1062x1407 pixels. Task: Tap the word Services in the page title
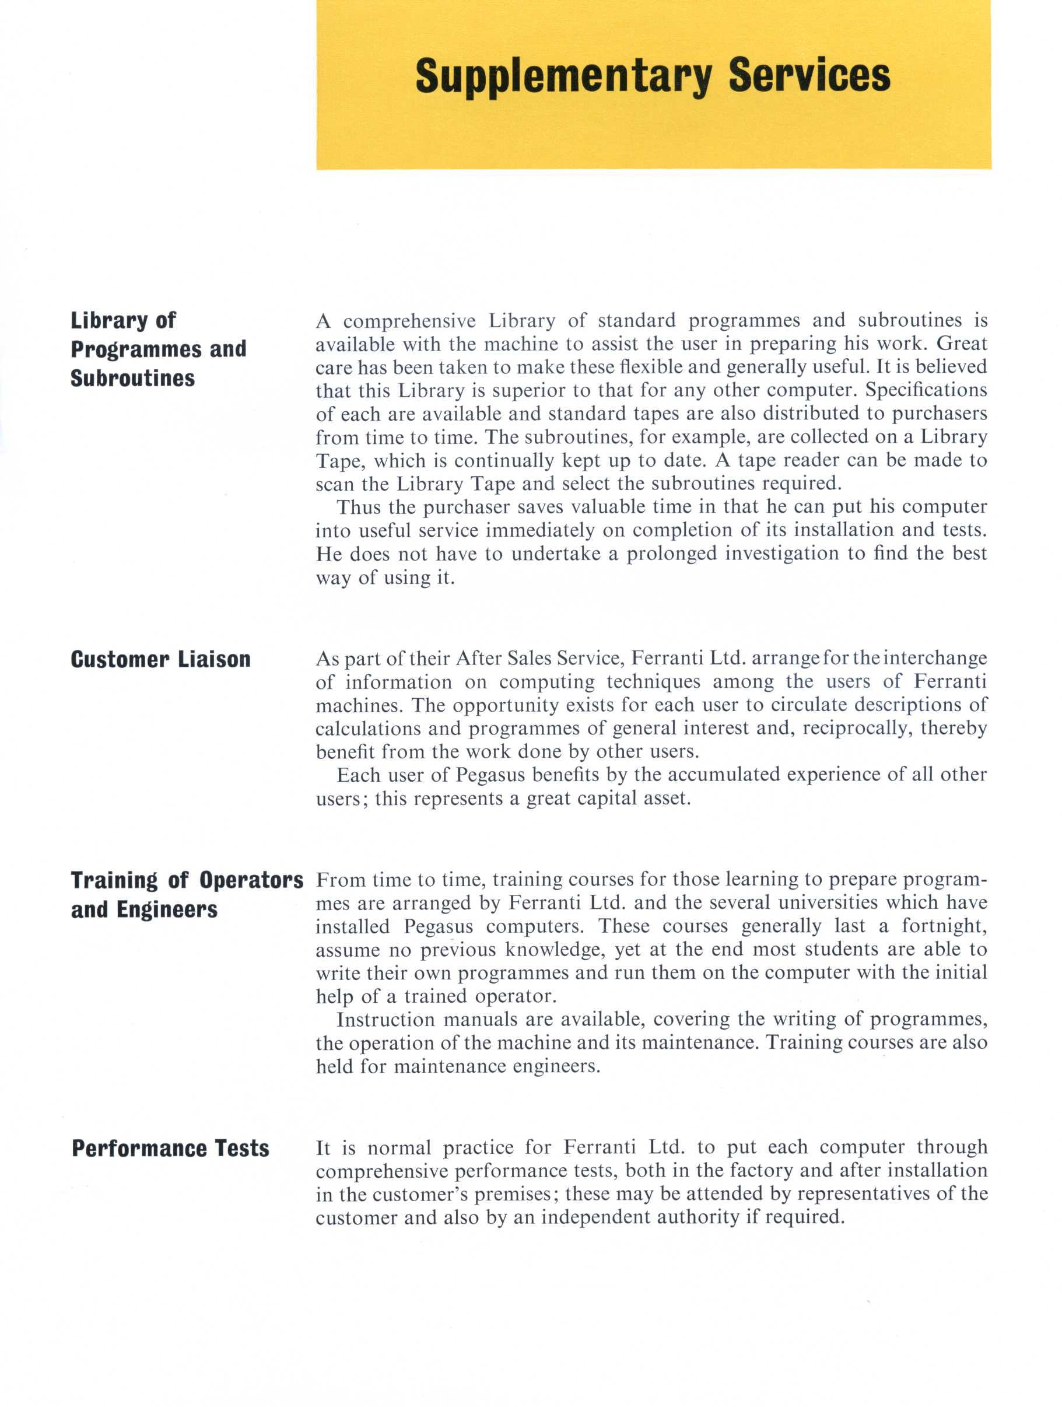[x=809, y=75]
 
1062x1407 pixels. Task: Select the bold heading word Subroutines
[x=133, y=378]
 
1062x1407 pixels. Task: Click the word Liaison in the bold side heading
[x=214, y=659]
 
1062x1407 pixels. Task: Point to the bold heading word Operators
[x=251, y=880]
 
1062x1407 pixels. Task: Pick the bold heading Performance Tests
[x=170, y=1148]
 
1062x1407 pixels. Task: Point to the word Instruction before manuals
[x=386, y=1020]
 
